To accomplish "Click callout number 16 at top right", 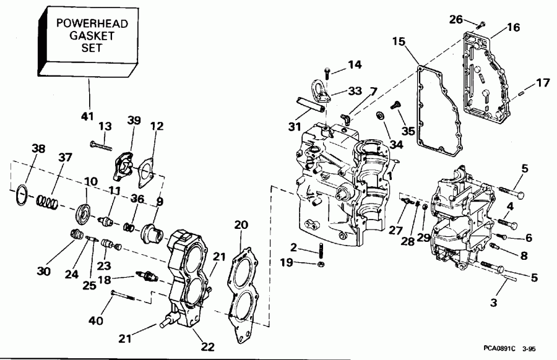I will (x=514, y=28).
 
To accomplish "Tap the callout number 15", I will (x=399, y=41).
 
